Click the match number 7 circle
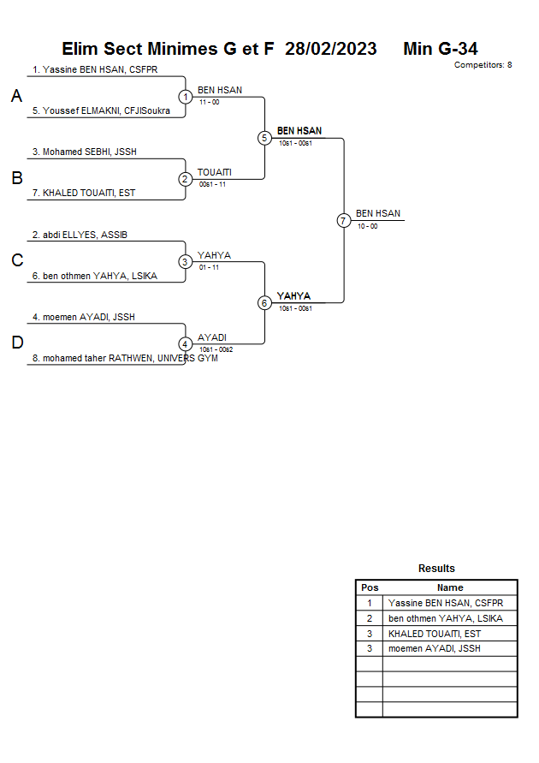coord(344,220)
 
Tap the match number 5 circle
coord(264,138)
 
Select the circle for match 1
coord(185,97)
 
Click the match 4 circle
coord(185,344)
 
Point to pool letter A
coord(16,96)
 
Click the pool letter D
coord(17,343)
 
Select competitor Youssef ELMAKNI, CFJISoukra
coord(101,110)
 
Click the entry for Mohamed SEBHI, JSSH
coord(85,152)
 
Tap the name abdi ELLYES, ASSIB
coord(80,235)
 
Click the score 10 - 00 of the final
coord(367,226)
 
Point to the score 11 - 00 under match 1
coord(209,102)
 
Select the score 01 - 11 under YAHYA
coord(209,267)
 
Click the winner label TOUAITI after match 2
coord(215,172)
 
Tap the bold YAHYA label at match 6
coord(293,295)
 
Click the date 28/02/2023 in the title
coord(330,49)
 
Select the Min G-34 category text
coord(441,49)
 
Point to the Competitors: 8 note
coord(483,65)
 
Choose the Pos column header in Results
coord(370,587)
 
